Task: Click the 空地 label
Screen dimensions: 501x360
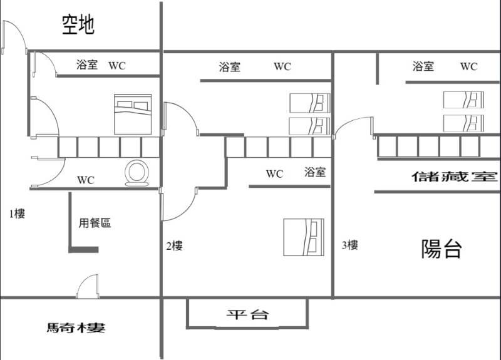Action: pyautogui.click(x=78, y=24)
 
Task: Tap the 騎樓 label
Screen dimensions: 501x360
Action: pyautogui.click(x=76, y=327)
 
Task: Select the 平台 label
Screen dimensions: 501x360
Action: pyautogui.click(x=247, y=315)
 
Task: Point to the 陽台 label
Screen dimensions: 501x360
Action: pyautogui.click(x=442, y=249)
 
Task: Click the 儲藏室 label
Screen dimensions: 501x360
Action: pyautogui.click(x=455, y=177)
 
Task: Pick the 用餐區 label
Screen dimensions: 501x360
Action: pyautogui.click(x=95, y=223)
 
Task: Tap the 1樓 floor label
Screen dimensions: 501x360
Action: pyautogui.click(x=17, y=213)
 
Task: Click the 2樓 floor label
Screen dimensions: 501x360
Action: pyautogui.click(x=175, y=245)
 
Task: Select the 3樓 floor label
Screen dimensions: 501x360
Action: pyautogui.click(x=350, y=245)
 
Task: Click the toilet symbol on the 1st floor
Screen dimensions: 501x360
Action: pyautogui.click(x=137, y=173)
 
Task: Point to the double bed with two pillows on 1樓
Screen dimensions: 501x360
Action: pyautogui.click(x=133, y=114)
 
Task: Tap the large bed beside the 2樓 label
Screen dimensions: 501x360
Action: pyautogui.click(x=304, y=237)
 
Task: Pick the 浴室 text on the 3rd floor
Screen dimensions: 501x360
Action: pyautogui.click(x=423, y=66)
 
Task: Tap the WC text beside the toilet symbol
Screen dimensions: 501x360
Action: pyautogui.click(x=86, y=180)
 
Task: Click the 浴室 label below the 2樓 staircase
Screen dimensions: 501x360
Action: pyautogui.click(x=315, y=172)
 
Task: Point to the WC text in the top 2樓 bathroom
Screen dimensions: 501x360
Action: pyautogui.click(x=282, y=66)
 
